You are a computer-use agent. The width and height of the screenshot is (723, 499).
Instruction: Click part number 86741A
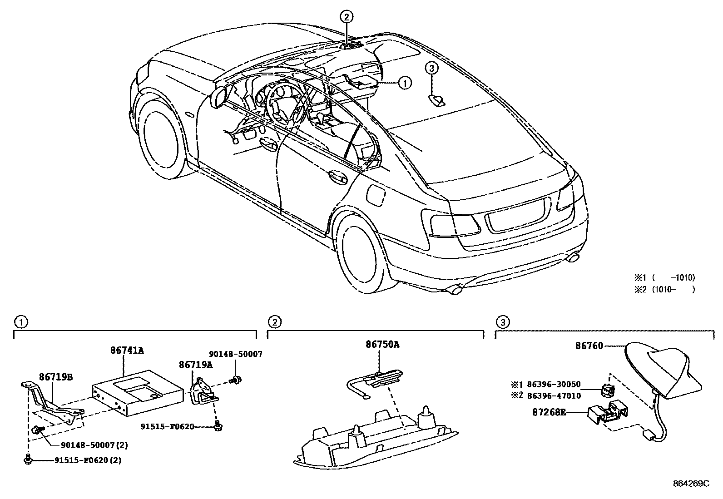127,351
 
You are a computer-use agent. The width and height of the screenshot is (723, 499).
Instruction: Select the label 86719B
56,377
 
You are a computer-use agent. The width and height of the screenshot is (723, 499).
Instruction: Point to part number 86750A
382,345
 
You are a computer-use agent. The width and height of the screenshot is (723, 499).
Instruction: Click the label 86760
589,346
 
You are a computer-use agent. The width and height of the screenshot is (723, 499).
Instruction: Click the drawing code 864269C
690,484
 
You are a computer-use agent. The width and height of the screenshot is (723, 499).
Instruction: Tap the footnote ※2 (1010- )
664,289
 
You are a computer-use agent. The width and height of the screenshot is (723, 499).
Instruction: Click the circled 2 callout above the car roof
346,18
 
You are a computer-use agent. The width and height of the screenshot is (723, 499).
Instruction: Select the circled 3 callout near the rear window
432,69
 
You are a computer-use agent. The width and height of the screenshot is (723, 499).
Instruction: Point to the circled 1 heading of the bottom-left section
20,322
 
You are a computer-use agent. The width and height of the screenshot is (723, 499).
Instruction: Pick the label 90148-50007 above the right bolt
235,354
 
